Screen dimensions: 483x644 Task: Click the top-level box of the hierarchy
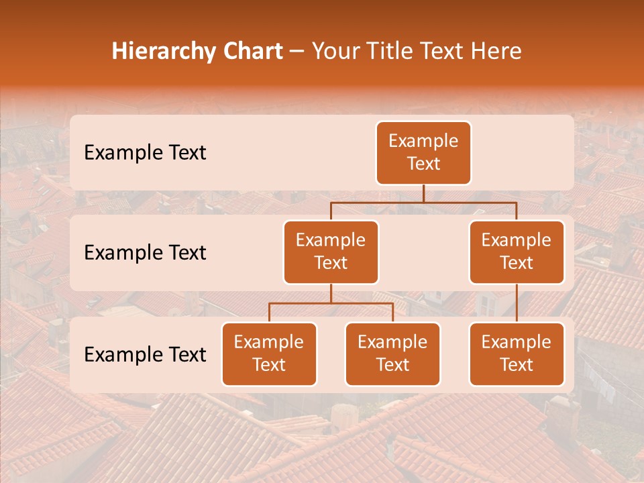coord(423,152)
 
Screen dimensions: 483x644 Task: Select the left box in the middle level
coord(331,252)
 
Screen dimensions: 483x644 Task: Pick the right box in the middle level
coord(517,252)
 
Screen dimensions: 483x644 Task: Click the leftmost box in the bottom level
coord(269,354)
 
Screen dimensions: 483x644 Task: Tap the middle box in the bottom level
coord(392,354)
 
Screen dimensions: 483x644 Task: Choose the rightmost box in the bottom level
coord(517,354)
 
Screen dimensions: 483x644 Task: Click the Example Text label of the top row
coord(145,153)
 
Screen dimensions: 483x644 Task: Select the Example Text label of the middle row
coord(145,253)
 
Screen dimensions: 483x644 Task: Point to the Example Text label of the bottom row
coord(145,355)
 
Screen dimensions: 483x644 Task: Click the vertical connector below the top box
coord(423,193)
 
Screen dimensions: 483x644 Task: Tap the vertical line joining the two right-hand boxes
coord(517,303)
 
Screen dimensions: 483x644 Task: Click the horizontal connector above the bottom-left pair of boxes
coord(331,303)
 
